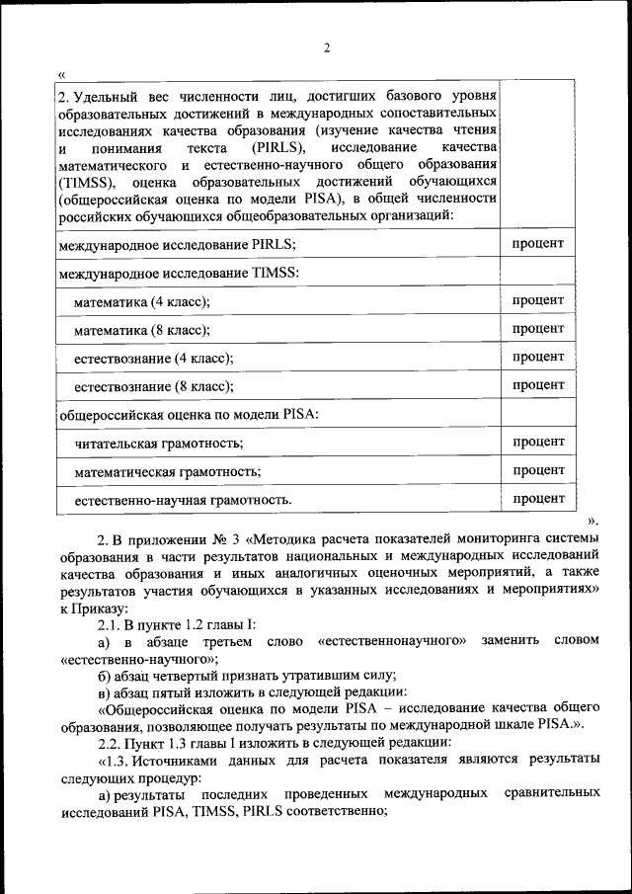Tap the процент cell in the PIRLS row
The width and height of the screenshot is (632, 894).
click(538, 243)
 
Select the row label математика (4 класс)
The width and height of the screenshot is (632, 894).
click(142, 301)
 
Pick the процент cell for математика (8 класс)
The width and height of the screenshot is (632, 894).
click(538, 328)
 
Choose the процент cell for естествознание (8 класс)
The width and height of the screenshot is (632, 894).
click(538, 384)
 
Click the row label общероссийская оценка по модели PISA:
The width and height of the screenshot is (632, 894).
click(189, 414)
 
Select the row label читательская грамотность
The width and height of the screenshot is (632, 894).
click(159, 444)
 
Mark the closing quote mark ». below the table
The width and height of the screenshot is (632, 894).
click(592, 520)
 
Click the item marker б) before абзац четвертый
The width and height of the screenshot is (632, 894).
click(104, 676)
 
